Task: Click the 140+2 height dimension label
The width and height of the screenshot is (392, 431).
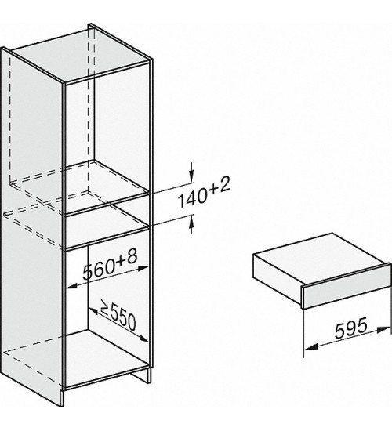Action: [204, 193]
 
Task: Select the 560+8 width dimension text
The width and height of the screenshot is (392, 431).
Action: [110, 265]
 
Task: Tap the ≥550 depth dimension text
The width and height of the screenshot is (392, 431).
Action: [118, 314]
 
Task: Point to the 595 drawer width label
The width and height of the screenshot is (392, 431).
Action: [351, 327]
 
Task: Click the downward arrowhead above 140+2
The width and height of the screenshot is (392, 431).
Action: [191, 174]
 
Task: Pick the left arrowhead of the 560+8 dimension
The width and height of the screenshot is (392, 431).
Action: [72, 286]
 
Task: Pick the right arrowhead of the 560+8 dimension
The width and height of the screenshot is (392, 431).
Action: [143, 268]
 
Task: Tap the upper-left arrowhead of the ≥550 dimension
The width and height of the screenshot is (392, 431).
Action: [94, 310]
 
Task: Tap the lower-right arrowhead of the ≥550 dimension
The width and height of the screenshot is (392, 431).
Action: [144, 339]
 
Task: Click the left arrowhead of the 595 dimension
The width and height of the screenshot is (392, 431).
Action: [310, 347]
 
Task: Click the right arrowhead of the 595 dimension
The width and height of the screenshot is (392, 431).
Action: [384, 329]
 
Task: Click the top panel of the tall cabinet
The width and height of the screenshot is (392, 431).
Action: [82, 53]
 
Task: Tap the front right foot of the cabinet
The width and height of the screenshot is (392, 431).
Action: [149, 375]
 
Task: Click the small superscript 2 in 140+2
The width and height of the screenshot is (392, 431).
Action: [224, 185]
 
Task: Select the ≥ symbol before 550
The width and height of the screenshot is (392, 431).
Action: [105, 306]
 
